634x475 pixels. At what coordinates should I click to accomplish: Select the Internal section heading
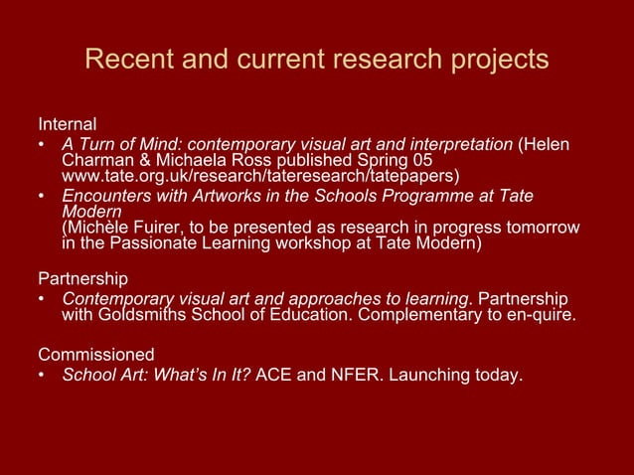[67, 125]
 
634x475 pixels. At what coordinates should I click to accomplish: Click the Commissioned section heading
[96, 354]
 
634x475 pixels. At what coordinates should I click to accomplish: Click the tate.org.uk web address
[260, 177]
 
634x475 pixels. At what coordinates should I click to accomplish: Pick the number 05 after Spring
[421, 161]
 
